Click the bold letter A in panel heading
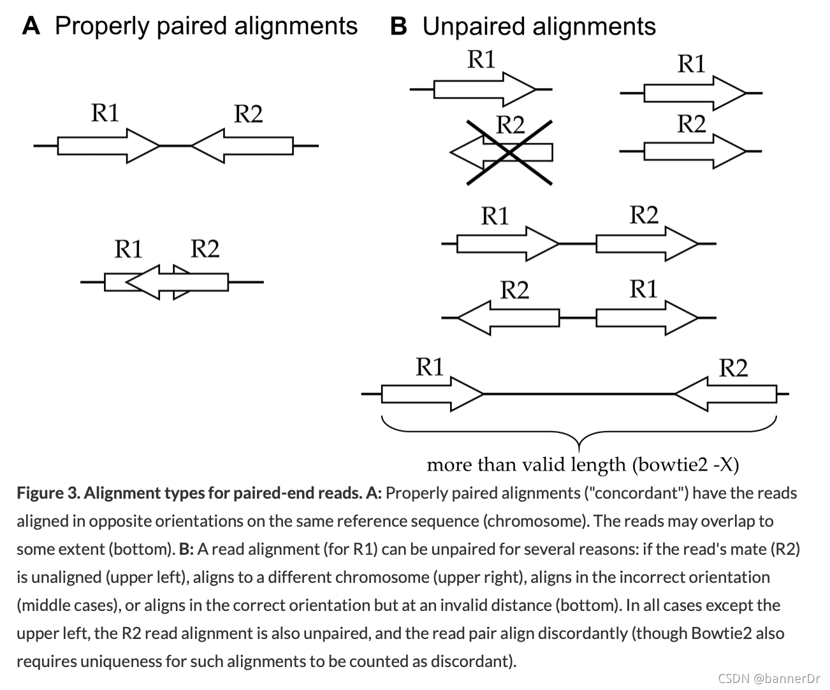coord(31,26)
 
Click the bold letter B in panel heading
coord(398,27)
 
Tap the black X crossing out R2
coord(509,152)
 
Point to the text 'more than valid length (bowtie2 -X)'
coord(582,464)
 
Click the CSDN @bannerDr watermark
coord(769,679)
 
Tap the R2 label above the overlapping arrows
coord(205,248)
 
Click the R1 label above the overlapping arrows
coord(128,248)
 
